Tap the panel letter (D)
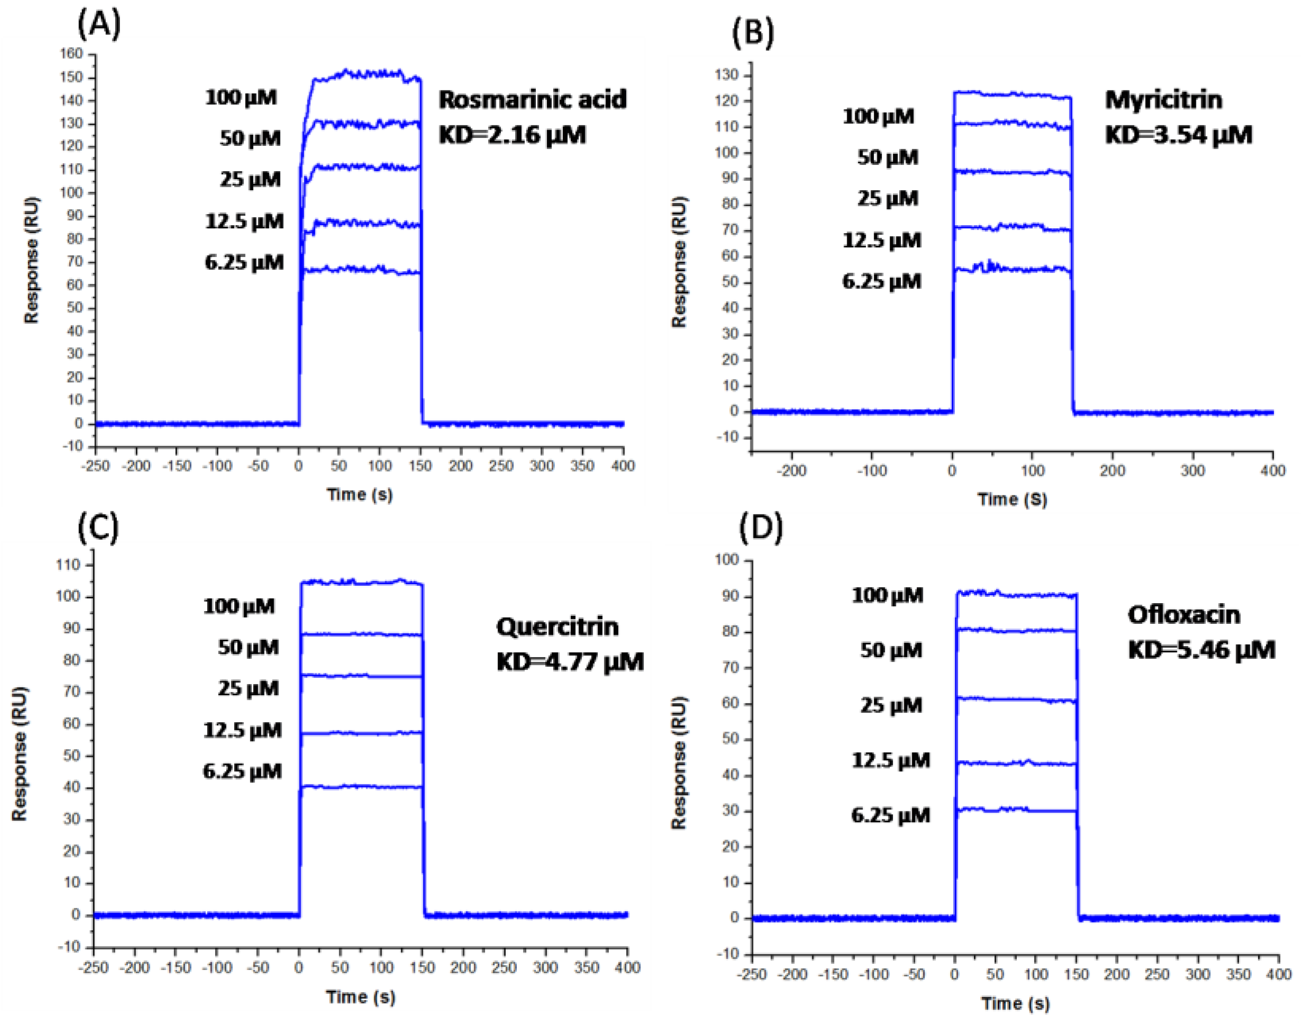pos(760,527)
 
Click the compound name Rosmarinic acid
pos(532,99)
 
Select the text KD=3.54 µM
pos(1178,135)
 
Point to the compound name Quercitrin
pos(556,626)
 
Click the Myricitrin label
pos(1163,99)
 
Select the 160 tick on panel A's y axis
pos(71,54)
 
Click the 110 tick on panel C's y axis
pos(68,565)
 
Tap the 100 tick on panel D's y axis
pos(727,560)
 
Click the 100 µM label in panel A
pos(241,97)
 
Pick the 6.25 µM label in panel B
pos(881,281)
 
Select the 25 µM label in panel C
pos(248,688)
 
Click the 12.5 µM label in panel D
pos(891,760)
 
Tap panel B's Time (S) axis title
pos(1012,500)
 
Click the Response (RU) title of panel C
pos(20,754)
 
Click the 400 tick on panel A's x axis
pos(623,466)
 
